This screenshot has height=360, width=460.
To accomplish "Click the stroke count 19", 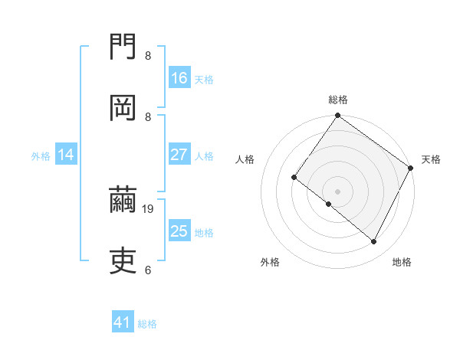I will click(149, 208).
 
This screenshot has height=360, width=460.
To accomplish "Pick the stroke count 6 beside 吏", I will click(147, 270).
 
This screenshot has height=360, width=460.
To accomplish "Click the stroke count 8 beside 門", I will click(147, 55).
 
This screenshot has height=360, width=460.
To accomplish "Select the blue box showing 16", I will click(179, 78).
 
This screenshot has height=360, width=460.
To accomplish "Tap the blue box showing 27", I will click(179, 155).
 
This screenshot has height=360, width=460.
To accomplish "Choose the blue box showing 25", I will click(179, 231).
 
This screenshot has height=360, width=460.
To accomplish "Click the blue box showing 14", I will click(66, 155).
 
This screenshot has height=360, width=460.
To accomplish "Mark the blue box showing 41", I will click(123, 323).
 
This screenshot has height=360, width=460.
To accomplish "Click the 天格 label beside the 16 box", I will click(204, 79).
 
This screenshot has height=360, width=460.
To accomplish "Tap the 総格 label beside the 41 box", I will click(147, 324).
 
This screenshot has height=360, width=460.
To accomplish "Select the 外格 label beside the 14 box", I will click(41, 155).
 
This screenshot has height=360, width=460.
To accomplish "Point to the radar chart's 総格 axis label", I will click(338, 100).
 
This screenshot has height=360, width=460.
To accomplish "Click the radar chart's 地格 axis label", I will click(402, 262).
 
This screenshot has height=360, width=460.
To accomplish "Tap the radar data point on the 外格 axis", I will click(328, 204).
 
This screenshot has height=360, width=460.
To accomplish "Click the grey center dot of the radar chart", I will click(337, 191).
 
